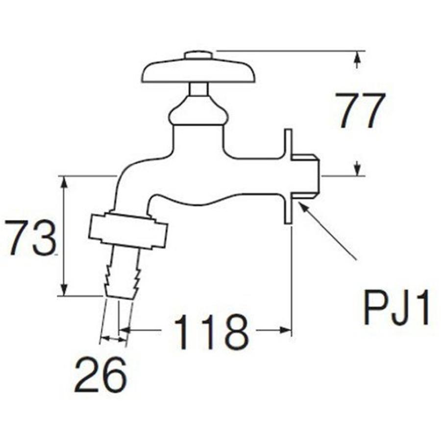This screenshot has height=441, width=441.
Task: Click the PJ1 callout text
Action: coord(396,308)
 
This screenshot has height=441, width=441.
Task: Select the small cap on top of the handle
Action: coord(199,55)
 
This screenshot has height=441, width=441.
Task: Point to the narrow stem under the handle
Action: coord(199,89)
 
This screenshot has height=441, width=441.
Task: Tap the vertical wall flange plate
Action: coord(288,176)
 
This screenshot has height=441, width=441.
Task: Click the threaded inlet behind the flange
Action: coord(306,176)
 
